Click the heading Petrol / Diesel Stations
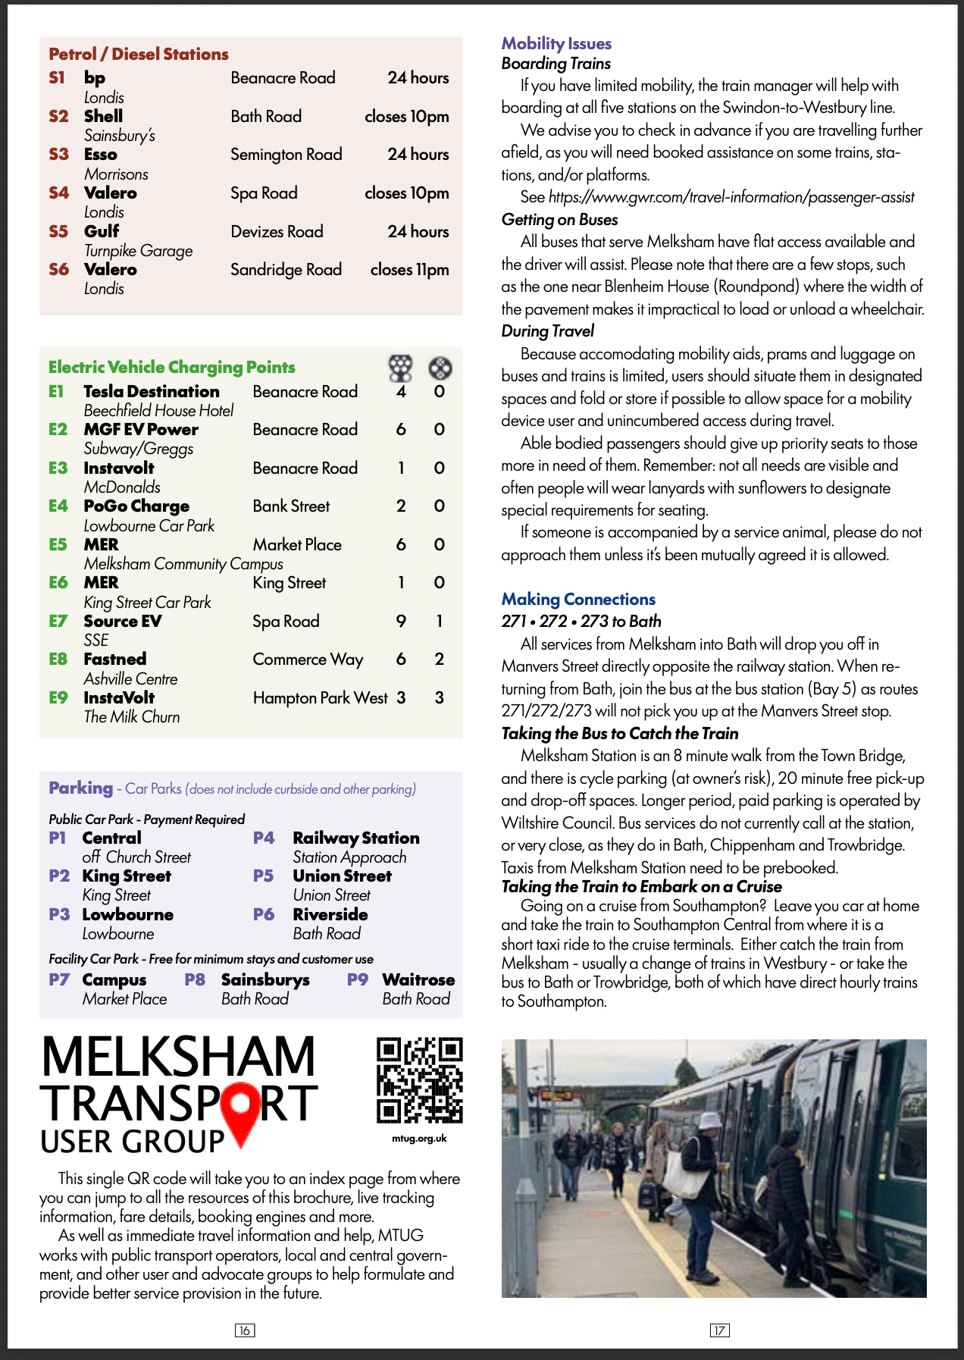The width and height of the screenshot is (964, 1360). [x=139, y=54]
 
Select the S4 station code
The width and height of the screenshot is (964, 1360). [x=58, y=193]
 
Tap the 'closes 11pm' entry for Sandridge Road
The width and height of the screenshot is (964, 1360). [x=409, y=269]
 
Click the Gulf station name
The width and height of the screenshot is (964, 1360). [x=102, y=231]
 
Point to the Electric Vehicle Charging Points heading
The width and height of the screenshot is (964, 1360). [x=172, y=367]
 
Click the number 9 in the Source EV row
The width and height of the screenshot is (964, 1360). [x=401, y=621]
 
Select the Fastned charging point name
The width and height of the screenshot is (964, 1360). [x=115, y=659]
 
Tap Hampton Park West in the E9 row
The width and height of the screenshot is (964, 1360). [x=320, y=697]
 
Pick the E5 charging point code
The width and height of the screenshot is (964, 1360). [x=58, y=544]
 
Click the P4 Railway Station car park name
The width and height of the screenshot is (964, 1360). [x=355, y=838]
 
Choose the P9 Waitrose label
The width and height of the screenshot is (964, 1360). [x=418, y=979]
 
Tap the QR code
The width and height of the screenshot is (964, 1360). [x=419, y=1080]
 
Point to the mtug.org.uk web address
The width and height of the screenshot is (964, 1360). [x=419, y=1138]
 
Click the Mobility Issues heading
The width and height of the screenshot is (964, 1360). [x=556, y=43]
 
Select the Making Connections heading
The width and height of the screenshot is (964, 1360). [x=578, y=599]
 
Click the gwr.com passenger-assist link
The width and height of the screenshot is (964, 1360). [x=731, y=197]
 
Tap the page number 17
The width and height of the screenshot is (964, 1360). [x=719, y=1330]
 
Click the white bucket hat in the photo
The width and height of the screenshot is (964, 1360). [x=709, y=1120]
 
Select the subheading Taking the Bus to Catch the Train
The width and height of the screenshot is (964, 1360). [x=620, y=733]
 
